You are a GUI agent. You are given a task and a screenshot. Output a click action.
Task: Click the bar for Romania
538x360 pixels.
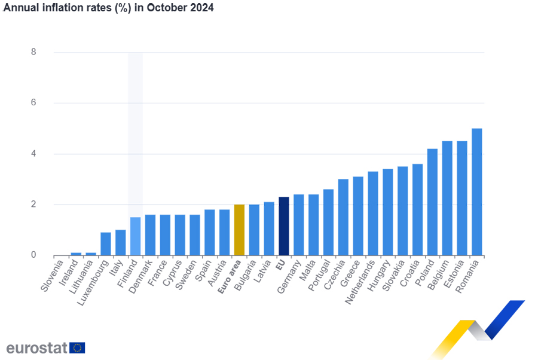click(x=477, y=192)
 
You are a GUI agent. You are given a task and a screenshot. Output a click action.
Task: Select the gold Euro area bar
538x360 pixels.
click(x=239, y=230)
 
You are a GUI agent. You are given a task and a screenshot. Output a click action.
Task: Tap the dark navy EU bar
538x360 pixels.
click(x=284, y=226)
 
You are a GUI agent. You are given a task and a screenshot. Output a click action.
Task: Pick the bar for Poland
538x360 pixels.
click(x=432, y=202)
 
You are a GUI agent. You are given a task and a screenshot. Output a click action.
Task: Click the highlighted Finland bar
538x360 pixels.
click(x=135, y=236)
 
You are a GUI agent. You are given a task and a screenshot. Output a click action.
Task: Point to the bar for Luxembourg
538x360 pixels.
click(x=106, y=243)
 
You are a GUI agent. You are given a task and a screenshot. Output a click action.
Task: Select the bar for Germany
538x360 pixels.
click(x=299, y=225)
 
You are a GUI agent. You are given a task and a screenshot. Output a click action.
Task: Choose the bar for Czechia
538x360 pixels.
click(x=343, y=217)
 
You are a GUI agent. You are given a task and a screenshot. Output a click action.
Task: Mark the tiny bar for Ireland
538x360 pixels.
click(x=76, y=254)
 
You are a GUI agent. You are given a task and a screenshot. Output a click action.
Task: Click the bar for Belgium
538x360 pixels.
click(x=447, y=198)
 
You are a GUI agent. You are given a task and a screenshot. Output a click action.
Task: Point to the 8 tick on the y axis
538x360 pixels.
click(x=33, y=52)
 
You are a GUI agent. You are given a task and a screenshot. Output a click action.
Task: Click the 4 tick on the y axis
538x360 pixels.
click(x=33, y=154)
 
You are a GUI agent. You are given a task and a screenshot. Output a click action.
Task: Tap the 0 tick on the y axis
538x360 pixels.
click(x=33, y=255)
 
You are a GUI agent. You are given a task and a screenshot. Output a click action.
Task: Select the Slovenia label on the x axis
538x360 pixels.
click(x=53, y=275)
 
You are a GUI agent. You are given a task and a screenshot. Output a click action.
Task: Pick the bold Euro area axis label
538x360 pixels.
click(x=230, y=276)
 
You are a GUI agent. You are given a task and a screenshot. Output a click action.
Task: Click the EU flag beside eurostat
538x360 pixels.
click(x=77, y=348)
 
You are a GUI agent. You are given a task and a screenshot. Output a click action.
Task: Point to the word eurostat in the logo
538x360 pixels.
click(x=36, y=348)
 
